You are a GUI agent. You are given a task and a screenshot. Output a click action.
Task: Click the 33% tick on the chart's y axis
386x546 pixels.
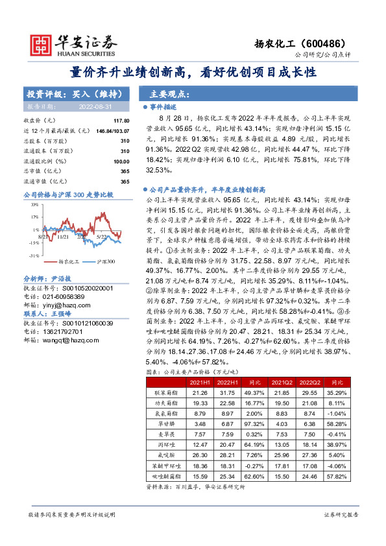[32, 204]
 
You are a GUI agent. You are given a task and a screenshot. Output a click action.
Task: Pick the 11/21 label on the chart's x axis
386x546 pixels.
[63, 237]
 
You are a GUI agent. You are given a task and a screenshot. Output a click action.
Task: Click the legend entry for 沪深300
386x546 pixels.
[106, 261]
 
